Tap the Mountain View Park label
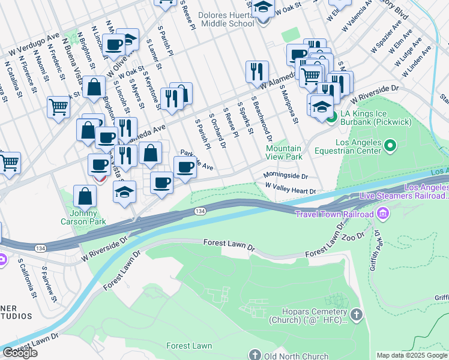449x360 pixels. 284,152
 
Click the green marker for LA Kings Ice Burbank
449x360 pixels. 331,115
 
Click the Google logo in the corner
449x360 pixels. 20,353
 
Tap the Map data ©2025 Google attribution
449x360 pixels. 412,355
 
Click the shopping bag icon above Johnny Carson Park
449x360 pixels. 85,196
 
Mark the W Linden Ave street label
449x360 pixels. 420,58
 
